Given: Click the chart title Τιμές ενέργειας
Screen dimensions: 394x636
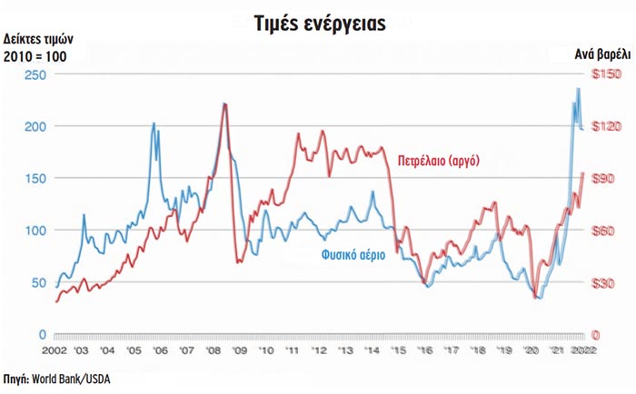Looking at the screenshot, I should click(x=318, y=21).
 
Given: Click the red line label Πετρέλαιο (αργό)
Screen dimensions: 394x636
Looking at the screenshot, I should click(x=438, y=161).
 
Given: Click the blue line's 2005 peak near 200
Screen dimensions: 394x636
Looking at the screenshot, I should click(x=153, y=123).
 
